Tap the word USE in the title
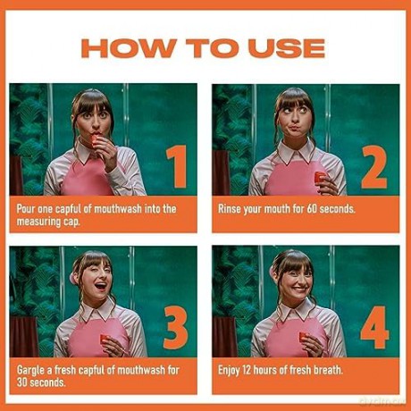point(287,48)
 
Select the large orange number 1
point(177,167)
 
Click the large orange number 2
point(374,167)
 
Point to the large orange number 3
point(176,328)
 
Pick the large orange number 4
point(375,327)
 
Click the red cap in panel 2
point(321,177)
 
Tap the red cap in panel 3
point(105,339)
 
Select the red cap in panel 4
point(304,337)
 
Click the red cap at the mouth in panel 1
point(95,140)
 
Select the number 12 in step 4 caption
point(247,370)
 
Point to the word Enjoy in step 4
point(229,371)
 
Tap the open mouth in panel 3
point(100,287)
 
